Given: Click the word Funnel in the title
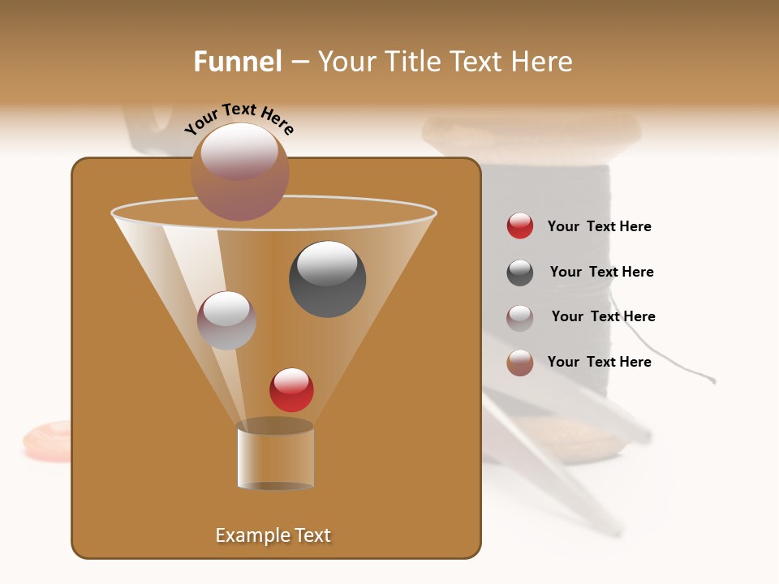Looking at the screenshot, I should pyautogui.click(x=237, y=62).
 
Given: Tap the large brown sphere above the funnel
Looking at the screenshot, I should pyautogui.click(x=239, y=172).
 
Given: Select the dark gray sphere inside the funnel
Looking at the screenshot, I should pyautogui.click(x=327, y=279).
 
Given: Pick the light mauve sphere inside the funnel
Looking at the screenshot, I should pyautogui.click(x=227, y=320).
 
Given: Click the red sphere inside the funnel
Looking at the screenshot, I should pyautogui.click(x=291, y=389).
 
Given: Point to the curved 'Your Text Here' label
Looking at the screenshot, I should pyautogui.click(x=239, y=118).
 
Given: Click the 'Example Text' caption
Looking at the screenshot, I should pyautogui.click(x=273, y=535).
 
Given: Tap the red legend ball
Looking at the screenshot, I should pyautogui.click(x=520, y=226).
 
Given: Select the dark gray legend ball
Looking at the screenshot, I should pyautogui.click(x=520, y=273).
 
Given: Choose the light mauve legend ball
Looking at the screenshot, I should pyautogui.click(x=520, y=318).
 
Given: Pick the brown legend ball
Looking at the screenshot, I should pyautogui.click(x=520, y=363).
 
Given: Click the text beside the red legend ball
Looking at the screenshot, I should pyautogui.click(x=599, y=227).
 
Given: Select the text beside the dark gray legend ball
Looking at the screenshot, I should pyautogui.click(x=601, y=273).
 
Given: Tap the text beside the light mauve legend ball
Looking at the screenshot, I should pyautogui.click(x=603, y=317).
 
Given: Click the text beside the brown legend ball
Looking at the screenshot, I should pyautogui.click(x=599, y=362).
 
